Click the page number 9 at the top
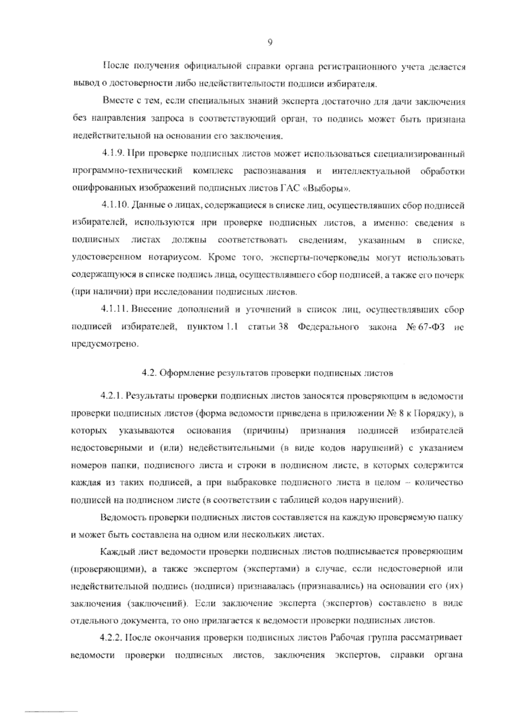click(270, 42)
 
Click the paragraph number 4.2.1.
click(113, 396)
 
